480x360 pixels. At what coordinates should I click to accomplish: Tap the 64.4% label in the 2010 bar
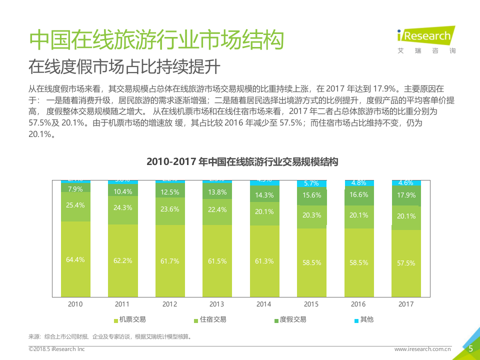pos(75,259)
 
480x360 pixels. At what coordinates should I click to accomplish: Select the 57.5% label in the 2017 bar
pos(406,263)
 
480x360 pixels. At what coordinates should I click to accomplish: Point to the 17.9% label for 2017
pos(406,195)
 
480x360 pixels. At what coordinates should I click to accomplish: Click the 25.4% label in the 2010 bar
pos(75,205)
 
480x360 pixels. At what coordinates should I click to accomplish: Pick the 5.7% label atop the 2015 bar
pos(311,183)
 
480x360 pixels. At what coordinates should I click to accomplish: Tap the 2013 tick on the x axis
pos(217,304)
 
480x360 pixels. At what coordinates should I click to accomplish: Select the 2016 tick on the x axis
pos(358,304)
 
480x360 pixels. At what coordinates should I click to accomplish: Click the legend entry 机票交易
pos(130,319)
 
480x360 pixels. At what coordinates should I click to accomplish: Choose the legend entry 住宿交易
pos(210,319)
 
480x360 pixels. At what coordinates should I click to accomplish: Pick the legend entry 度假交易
pos(290,319)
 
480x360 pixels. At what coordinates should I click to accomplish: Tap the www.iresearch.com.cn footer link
pos(422,349)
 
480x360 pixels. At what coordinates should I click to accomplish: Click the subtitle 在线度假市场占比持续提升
pos(124,66)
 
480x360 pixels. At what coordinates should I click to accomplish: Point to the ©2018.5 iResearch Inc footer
pos(56,349)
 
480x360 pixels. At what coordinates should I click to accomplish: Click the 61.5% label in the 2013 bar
pos(217,261)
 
